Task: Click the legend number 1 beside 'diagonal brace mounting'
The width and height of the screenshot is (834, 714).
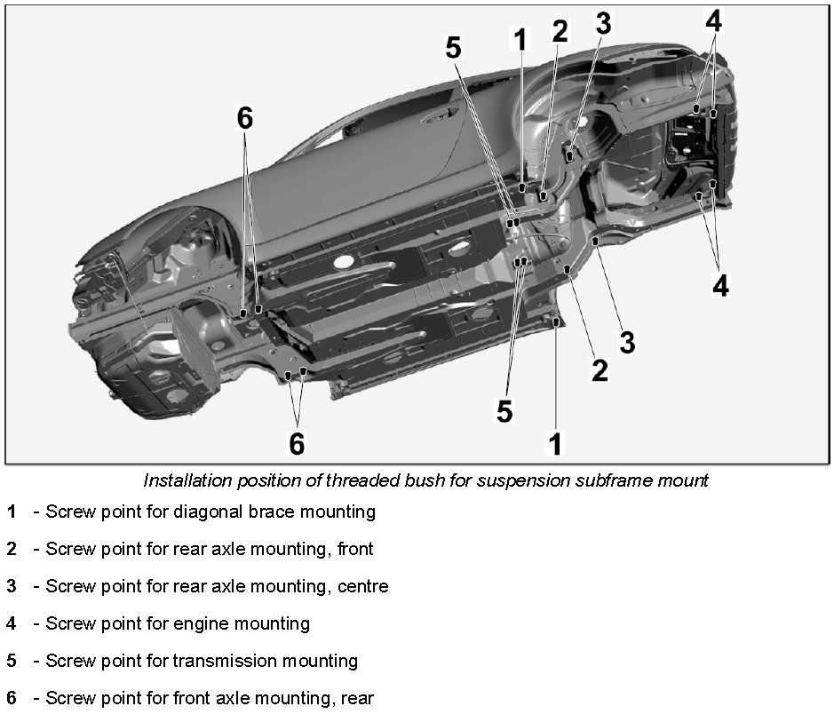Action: point(12,512)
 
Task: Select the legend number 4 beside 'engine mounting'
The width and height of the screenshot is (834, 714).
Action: point(12,624)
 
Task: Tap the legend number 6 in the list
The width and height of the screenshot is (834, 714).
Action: point(12,699)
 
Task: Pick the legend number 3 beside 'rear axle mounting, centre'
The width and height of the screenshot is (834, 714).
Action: point(12,587)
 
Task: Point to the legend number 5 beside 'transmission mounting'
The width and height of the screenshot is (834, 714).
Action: point(12,662)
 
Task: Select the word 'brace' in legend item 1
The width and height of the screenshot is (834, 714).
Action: point(264,512)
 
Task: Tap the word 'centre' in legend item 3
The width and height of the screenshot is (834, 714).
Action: point(362,587)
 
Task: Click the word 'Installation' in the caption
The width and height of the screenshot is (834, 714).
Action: point(187,481)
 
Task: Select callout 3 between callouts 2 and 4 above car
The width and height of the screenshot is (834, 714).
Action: point(603,24)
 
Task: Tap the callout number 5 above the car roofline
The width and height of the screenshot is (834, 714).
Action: point(454,48)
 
